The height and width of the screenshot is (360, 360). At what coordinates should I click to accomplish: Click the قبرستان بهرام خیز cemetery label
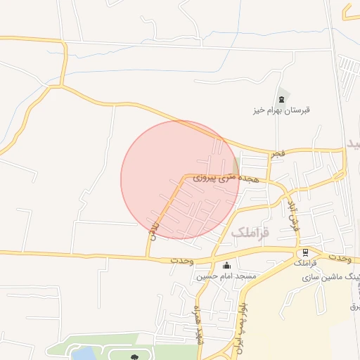tap(281, 110)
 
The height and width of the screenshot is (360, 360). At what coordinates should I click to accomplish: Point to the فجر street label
tap(279, 153)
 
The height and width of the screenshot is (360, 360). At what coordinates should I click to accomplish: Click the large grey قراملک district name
tap(250, 232)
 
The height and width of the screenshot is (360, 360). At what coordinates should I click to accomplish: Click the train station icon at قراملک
tap(305, 252)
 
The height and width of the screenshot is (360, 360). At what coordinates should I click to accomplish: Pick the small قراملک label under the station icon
tap(305, 264)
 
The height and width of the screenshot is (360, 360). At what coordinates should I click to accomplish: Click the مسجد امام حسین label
tap(226, 276)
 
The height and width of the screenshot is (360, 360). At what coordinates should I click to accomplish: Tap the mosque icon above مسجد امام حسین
tap(226, 265)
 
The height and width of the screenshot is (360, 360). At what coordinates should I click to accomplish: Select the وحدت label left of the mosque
tap(181, 260)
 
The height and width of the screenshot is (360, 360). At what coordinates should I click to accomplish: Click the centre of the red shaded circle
tap(181, 179)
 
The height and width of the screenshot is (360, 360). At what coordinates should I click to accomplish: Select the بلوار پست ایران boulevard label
tap(241, 327)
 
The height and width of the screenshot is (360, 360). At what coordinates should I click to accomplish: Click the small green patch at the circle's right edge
tap(236, 166)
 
